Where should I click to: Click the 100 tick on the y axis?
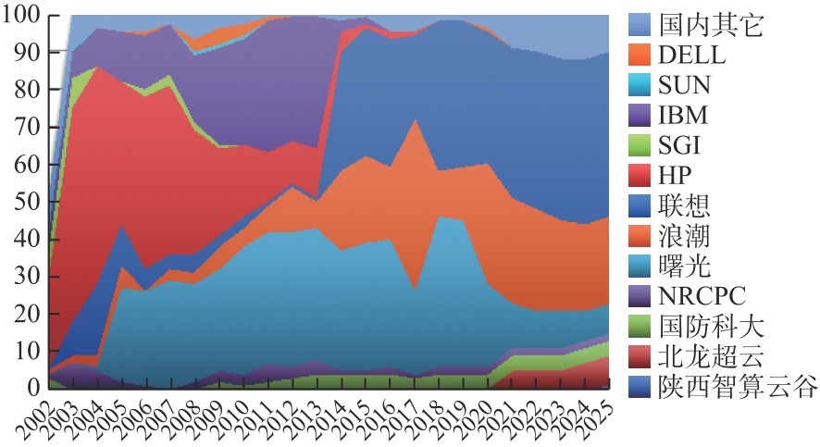point(20,16)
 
